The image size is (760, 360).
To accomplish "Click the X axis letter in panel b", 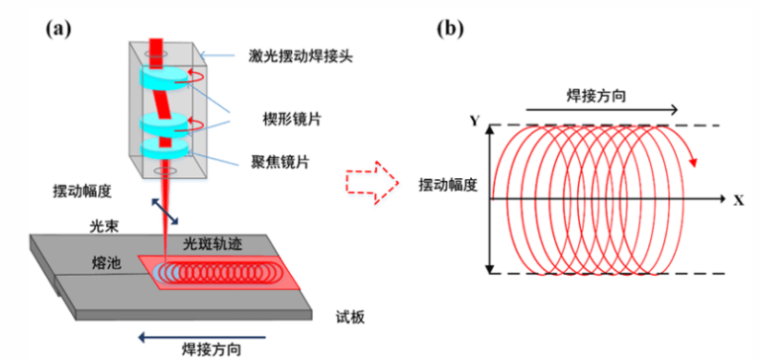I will click(737, 199).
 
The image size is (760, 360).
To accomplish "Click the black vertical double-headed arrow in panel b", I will click(488, 199).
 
